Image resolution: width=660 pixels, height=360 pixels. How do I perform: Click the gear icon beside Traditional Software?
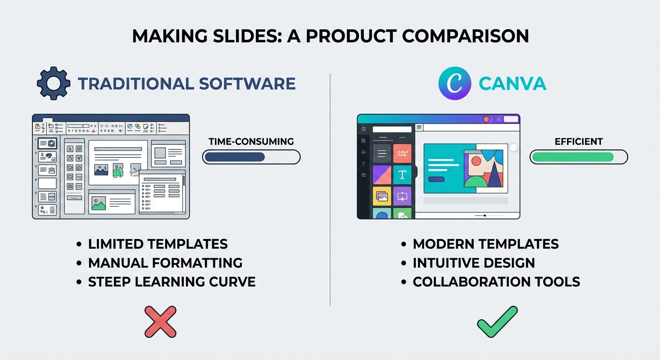click(x=53, y=83)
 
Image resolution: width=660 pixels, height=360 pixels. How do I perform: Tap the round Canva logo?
click(x=454, y=83)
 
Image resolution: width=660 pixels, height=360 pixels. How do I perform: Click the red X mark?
click(x=160, y=322)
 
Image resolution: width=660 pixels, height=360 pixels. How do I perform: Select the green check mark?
click(x=497, y=322)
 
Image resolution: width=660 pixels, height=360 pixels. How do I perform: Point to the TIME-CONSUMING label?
click(x=251, y=142)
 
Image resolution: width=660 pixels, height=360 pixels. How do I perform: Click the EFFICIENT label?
click(x=578, y=142)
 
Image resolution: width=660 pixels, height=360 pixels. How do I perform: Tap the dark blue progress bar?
click(x=235, y=157)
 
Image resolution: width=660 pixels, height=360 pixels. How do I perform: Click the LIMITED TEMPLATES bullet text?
click(x=158, y=244)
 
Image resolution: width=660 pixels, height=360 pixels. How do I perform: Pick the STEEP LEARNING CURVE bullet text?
click(x=172, y=282)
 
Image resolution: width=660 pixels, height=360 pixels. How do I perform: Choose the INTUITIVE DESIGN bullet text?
click(x=474, y=263)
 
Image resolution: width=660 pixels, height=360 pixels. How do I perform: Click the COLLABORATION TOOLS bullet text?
click(x=496, y=282)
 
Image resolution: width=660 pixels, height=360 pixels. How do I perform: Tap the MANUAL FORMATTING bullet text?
click(x=165, y=263)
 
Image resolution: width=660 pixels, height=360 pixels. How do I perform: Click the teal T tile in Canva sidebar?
click(x=402, y=174)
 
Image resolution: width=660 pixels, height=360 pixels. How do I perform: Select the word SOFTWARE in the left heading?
click(x=247, y=83)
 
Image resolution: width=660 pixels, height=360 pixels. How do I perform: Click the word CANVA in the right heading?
click(x=512, y=83)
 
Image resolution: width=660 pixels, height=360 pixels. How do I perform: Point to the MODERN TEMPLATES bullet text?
click(x=486, y=244)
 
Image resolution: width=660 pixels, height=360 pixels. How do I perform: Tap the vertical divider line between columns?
click(x=330, y=187)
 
